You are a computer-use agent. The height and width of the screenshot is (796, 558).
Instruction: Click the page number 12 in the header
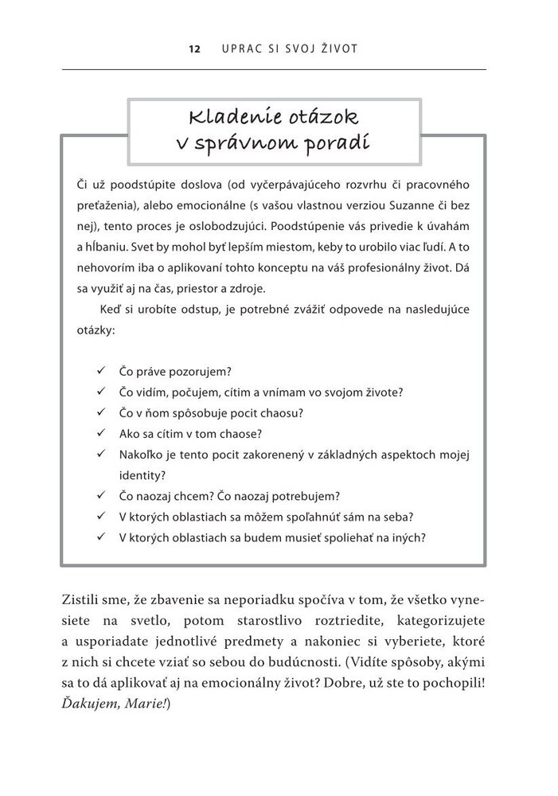coord(193,49)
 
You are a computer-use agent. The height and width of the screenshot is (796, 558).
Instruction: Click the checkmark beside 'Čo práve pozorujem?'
coord(100,371)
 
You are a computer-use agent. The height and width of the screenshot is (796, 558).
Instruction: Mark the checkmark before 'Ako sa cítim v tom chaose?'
coord(100,433)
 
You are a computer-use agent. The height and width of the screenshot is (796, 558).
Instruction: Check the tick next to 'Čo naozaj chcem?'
coord(100,496)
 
